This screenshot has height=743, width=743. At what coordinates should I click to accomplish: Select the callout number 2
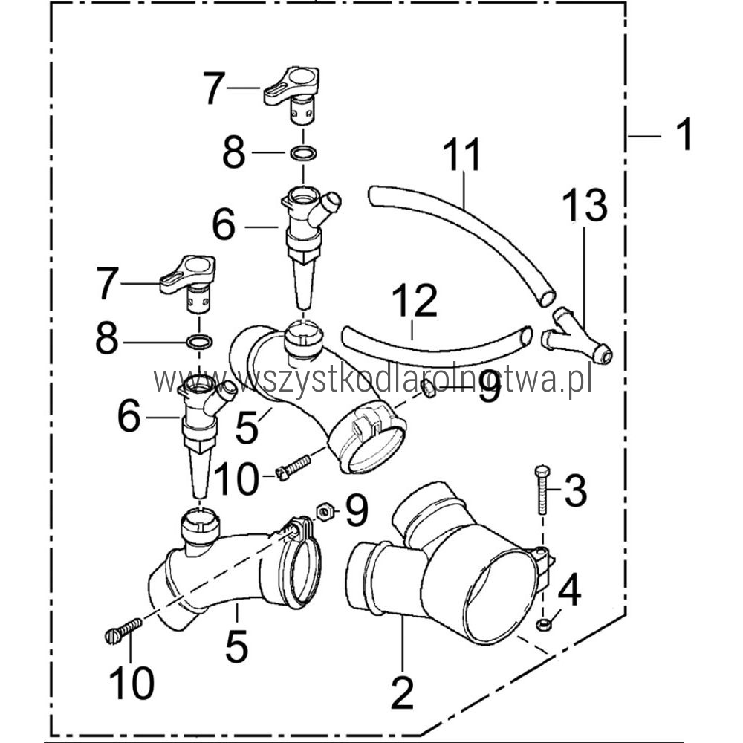[x=402, y=692]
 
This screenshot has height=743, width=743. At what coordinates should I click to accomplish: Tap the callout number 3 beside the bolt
[x=576, y=490]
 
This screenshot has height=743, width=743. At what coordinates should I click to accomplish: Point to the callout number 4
[x=570, y=589]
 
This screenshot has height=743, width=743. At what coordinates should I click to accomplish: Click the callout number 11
[x=461, y=155]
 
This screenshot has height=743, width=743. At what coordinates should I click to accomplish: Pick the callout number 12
[x=415, y=300]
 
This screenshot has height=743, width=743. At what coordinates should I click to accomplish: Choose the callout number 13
[x=585, y=205]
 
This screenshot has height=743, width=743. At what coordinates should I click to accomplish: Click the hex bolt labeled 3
[x=542, y=490]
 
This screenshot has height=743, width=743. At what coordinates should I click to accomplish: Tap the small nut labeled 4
[x=543, y=624]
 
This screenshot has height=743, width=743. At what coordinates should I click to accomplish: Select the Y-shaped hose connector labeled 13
[x=576, y=337]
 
